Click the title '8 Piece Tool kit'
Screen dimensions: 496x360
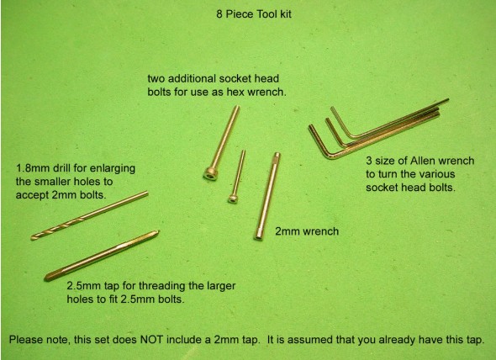[254, 14]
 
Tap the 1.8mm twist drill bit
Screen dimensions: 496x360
[89, 215]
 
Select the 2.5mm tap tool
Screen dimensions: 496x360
[102, 256]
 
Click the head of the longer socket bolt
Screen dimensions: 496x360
[210, 174]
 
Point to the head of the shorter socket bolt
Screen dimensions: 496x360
[233, 199]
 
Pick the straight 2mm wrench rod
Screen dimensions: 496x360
[267, 196]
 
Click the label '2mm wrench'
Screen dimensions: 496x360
[307, 231]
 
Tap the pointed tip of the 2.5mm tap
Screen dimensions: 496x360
[157, 232]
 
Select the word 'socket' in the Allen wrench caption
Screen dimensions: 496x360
[381, 187]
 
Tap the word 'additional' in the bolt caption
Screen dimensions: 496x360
[191, 78]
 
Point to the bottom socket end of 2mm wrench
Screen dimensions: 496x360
[258, 236]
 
